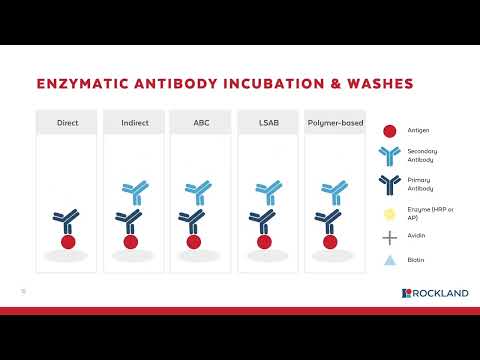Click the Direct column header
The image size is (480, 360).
(x=68, y=123)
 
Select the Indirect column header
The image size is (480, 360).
(x=133, y=123)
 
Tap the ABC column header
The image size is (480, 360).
(x=200, y=123)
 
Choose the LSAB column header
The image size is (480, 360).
(x=266, y=123)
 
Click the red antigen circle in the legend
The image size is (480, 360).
(x=389, y=130)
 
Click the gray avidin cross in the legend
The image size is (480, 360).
(x=389, y=238)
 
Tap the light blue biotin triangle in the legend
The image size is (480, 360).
(x=389, y=261)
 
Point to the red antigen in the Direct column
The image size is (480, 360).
(x=68, y=241)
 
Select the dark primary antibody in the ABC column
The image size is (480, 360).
(x=200, y=221)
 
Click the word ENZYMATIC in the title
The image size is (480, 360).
(x=83, y=84)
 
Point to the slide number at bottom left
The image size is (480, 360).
(x=22, y=292)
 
